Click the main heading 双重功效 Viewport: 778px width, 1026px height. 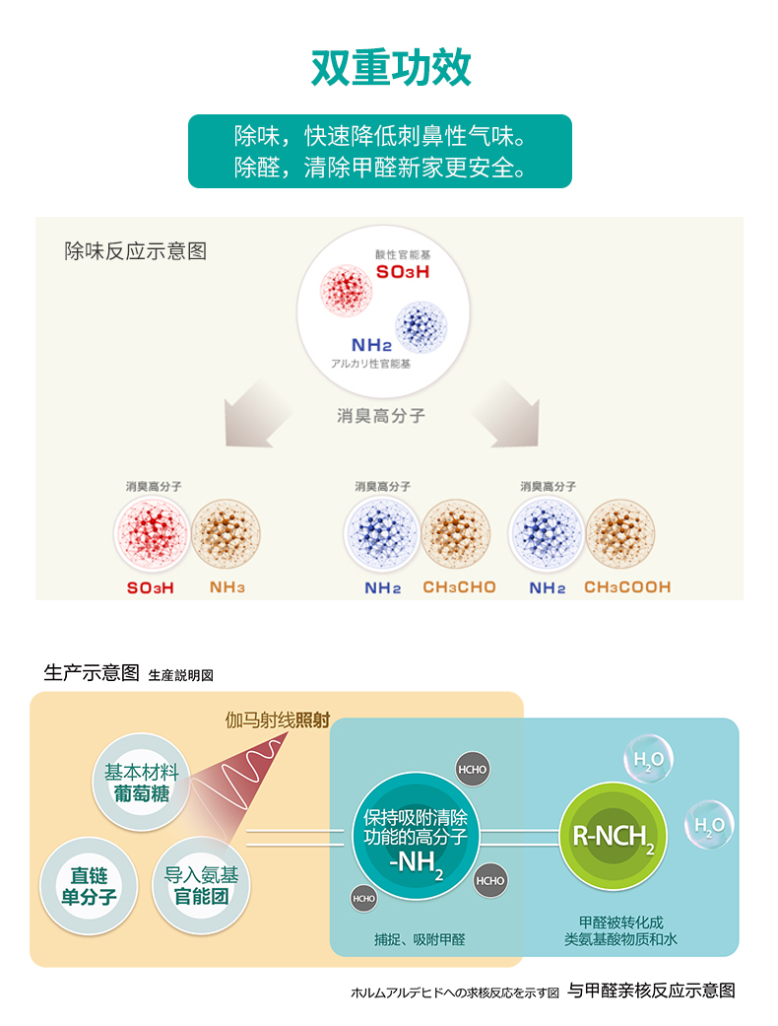pos(391,68)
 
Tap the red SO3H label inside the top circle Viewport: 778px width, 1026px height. pos(403,271)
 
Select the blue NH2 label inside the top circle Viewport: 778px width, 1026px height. pos(371,345)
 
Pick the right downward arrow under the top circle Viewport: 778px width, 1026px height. pos(511,412)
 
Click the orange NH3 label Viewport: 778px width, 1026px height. pos(227,587)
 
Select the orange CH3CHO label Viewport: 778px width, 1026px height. pos(459,587)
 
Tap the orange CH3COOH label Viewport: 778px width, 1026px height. pos(627,587)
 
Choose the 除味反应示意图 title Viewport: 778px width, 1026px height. pos(135,251)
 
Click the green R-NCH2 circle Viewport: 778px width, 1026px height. pos(614,837)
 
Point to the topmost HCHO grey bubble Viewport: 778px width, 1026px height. pos(472,770)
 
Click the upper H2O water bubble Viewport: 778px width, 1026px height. pos(648,760)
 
